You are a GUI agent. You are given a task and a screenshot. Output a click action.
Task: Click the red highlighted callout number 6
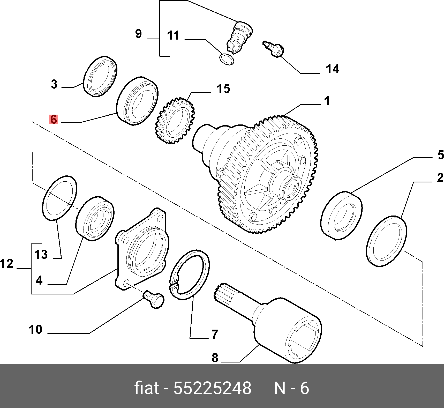54,119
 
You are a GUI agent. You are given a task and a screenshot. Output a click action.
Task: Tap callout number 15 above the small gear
223,89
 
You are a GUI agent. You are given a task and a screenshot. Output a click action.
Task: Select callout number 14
332,69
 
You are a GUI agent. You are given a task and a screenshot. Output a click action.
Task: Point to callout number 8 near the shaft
215,358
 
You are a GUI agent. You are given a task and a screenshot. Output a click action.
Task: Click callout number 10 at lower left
35,330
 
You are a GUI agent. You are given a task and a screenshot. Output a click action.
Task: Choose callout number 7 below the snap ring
215,334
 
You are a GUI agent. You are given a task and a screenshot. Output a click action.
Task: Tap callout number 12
7,264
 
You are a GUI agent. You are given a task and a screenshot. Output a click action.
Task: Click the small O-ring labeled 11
227,59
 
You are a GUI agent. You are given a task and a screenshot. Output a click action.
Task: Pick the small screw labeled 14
274,49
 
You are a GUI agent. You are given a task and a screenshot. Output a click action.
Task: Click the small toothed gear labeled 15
175,121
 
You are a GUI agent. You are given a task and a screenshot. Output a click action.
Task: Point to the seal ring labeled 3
100,76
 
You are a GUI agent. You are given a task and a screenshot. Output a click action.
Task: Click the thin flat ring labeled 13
59,198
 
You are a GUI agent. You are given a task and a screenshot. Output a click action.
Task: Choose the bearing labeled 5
341,216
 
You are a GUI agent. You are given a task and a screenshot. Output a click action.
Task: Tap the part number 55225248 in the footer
212,388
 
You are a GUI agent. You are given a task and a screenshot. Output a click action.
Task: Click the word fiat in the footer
146,388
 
